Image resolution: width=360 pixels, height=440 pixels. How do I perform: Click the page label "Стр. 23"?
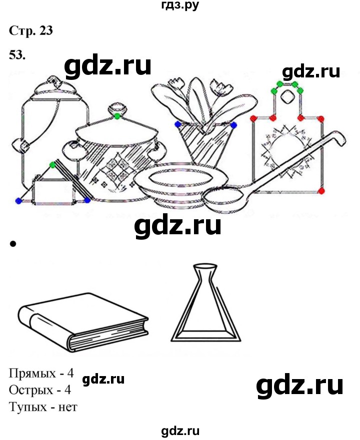30,30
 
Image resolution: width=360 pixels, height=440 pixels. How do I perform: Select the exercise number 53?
17,55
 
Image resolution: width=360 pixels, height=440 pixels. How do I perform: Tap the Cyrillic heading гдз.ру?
180,5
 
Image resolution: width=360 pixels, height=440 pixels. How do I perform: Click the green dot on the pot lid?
117,115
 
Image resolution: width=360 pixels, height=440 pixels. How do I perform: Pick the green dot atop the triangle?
52,165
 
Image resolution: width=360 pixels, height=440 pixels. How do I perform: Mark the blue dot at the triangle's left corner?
18,201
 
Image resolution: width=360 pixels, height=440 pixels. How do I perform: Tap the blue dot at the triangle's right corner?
87,200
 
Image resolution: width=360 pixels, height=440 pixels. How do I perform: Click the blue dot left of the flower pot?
177,124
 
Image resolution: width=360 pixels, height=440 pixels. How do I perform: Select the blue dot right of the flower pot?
233,125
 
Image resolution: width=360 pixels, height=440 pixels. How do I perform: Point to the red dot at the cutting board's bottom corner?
321,191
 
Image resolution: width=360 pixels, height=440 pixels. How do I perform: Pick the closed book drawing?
83,322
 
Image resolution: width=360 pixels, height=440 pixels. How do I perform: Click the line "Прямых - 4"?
41,373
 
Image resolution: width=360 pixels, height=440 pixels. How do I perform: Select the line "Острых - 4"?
40,390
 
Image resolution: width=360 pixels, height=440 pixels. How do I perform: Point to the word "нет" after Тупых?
67,407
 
